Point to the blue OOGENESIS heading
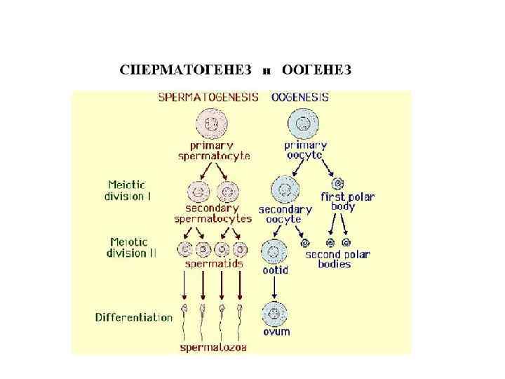(299, 98)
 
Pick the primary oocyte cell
(303, 126)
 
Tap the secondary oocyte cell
(285, 189)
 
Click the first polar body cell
(337, 184)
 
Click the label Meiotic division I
(128, 191)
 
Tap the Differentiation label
(134, 317)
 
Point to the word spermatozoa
(213, 347)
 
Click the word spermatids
(214, 264)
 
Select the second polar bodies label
(337, 259)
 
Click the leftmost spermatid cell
(186, 249)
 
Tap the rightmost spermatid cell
(241, 249)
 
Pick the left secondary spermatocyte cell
(199, 191)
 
